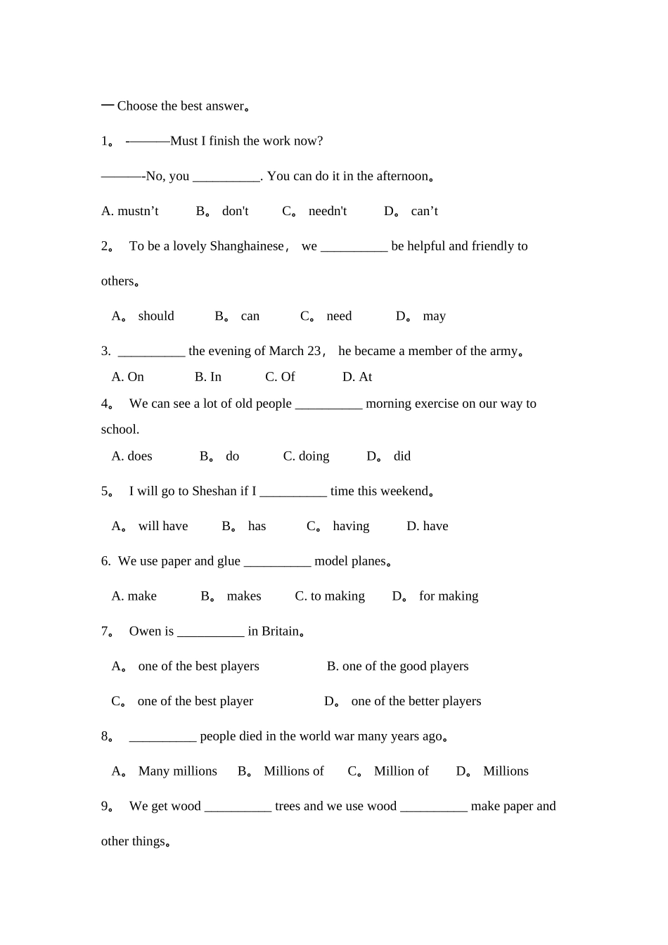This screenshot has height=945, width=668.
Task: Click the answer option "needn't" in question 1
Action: point(327,211)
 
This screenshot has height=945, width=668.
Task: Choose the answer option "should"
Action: point(156,316)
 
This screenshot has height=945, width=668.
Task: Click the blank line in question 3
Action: point(151,352)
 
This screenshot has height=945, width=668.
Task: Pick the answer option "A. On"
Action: point(128,377)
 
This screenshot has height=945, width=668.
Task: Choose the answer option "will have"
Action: point(163,526)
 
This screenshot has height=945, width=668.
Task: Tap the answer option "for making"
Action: point(449,596)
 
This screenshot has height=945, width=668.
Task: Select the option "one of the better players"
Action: point(416,701)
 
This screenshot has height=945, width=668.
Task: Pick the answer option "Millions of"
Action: point(294,771)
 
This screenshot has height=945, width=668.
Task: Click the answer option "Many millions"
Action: point(178,771)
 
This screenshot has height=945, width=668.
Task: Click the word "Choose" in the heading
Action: point(137,106)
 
